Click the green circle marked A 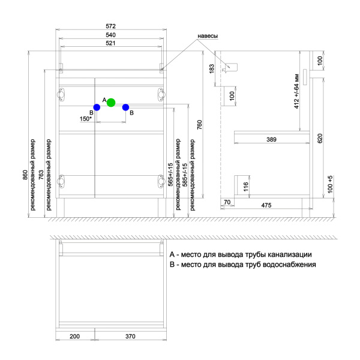click(x=111, y=103)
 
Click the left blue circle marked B click(x=97, y=107)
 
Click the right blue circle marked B click(x=125, y=107)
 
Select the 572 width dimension click(x=110, y=26)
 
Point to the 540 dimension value click(x=110, y=35)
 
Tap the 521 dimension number click(x=110, y=43)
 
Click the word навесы click(x=208, y=36)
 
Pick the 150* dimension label click(x=86, y=119)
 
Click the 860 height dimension click(x=25, y=175)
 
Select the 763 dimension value click(x=41, y=175)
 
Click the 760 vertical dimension click(x=200, y=125)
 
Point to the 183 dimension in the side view click(x=212, y=68)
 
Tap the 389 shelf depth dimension click(x=271, y=139)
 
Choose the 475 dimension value click(x=266, y=205)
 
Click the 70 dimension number click(x=227, y=202)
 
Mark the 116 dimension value click(x=246, y=187)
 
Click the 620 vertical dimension click(x=320, y=139)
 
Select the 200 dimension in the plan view click(x=74, y=337)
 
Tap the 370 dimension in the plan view click(x=130, y=337)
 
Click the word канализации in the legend click(x=290, y=254)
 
